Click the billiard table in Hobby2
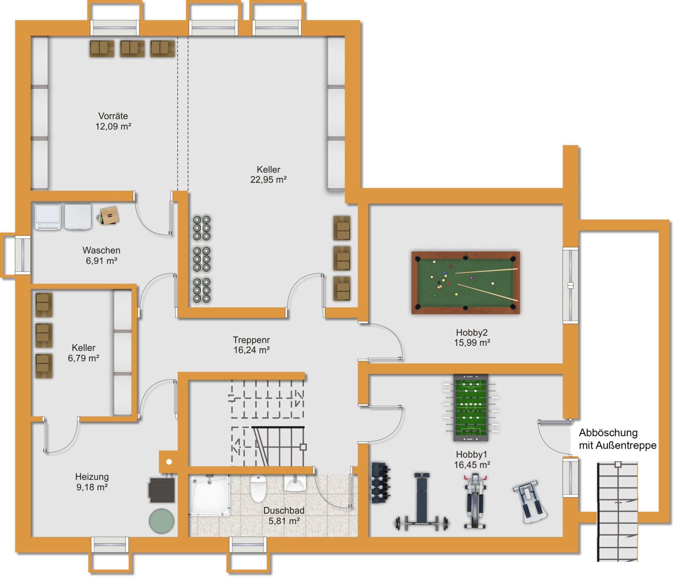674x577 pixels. click(465, 283)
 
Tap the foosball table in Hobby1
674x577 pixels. click(471, 408)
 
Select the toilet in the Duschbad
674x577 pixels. click(258, 488)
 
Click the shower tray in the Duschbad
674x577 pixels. click(209, 495)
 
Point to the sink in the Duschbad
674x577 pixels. click(295, 483)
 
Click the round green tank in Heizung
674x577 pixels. click(161, 521)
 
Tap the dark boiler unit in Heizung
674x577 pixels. click(162, 490)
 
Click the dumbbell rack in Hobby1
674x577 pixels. click(381, 483)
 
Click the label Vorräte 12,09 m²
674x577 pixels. click(113, 121)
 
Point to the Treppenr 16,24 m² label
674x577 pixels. click(251, 345)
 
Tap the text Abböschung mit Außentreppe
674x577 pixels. click(617, 439)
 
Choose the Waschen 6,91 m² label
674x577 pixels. click(101, 255)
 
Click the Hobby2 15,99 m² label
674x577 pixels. click(472, 338)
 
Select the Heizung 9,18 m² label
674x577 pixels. click(92, 482)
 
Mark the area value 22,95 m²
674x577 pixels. click(269, 180)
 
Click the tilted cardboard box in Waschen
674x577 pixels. click(109, 216)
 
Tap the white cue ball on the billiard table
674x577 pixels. click(493, 283)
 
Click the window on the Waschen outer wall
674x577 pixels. click(22, 255)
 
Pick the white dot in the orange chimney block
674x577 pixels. click(169, 462)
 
